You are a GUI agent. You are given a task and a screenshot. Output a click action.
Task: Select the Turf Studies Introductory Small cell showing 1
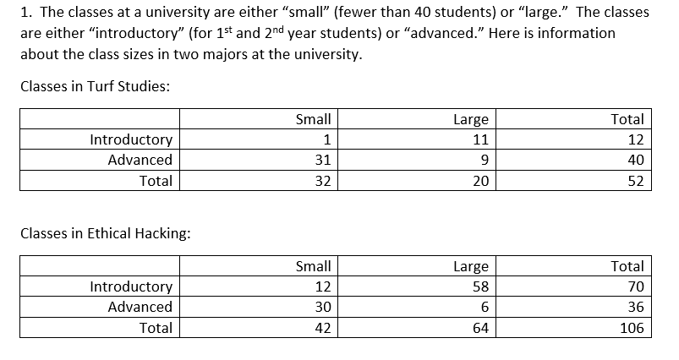click(326, 139)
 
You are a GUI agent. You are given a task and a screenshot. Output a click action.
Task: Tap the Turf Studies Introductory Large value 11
click(480, 139)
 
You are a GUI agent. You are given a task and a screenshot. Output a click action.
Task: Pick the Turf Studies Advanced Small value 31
click(322, 160)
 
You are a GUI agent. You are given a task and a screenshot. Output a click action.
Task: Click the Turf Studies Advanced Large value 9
click(485, 160)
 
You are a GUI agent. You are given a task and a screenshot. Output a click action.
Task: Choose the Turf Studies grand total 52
click(636, 181)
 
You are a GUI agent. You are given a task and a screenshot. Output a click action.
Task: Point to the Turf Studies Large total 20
click(480, 181)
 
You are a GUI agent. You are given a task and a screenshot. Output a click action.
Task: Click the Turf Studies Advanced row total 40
click(636, 160)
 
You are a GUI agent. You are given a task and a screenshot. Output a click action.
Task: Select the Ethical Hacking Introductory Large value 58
click(480, 286)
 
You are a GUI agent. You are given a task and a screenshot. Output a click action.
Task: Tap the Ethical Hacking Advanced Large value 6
click(485, 307)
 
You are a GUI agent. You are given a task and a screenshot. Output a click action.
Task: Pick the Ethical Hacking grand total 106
click(632, 328)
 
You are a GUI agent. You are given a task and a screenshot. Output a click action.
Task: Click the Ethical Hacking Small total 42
click(322, 328)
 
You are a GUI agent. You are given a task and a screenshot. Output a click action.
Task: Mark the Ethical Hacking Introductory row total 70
click(636, 286)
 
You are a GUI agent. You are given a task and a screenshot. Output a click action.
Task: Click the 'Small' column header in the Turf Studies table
click(314, 119)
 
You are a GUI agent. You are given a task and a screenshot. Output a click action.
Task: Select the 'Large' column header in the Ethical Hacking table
click(471, 266)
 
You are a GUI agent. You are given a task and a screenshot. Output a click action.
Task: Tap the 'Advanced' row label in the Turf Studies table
click(140, 160)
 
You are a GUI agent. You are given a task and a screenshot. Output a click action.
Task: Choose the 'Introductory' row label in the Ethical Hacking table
click(131, 286)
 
